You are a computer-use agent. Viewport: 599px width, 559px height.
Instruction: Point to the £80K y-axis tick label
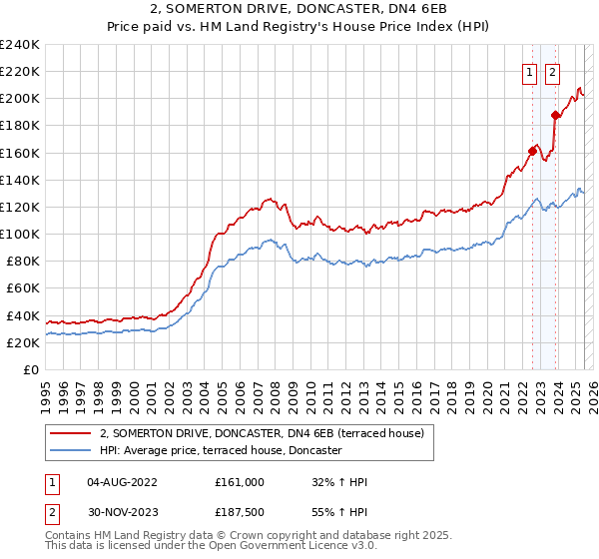click(x=22, y=261)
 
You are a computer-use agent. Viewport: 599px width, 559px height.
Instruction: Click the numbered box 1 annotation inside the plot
click(x=528, y=71)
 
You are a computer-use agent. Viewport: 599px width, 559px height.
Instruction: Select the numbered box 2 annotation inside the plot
click(x=552, y=71)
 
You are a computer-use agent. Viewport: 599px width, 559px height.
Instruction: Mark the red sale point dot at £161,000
click(x=532, y=152)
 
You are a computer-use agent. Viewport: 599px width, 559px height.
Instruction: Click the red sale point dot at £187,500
click(x=555, y=116)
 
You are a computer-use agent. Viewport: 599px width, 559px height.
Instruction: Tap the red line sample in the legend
click(x=71, y=433)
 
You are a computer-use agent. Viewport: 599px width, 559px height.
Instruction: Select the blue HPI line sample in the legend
click(x=71, y=450)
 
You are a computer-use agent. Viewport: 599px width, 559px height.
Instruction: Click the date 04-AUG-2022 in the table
click(x=122, y=482)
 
